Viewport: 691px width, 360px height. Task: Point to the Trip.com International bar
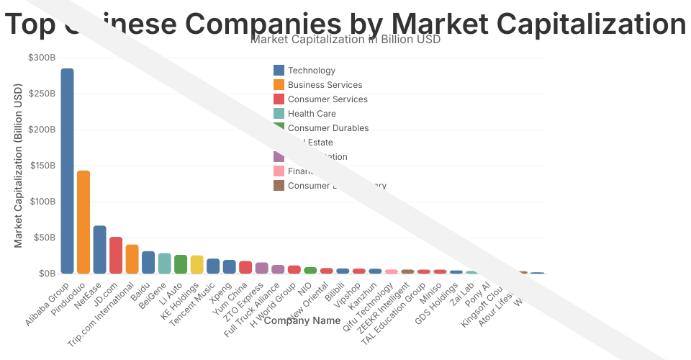[x=132, y=258]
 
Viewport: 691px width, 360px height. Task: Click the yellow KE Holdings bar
[x=197, y=264]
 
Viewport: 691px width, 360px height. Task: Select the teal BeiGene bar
[x=164, y=263]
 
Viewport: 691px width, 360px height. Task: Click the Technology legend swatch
[x=279, y=71]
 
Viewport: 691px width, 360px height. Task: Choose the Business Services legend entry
[x=325, y=85]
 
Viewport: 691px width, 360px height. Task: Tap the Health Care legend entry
[x=312, y=114]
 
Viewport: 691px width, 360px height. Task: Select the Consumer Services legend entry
[x=328, y=99]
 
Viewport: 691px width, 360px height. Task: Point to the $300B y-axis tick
[x=41, y=58]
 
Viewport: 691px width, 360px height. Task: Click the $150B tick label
[x=41, y=166]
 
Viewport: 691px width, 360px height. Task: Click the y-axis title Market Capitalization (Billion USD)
[x=19, y=166]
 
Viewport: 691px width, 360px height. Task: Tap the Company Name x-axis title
[x=302, y=320]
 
